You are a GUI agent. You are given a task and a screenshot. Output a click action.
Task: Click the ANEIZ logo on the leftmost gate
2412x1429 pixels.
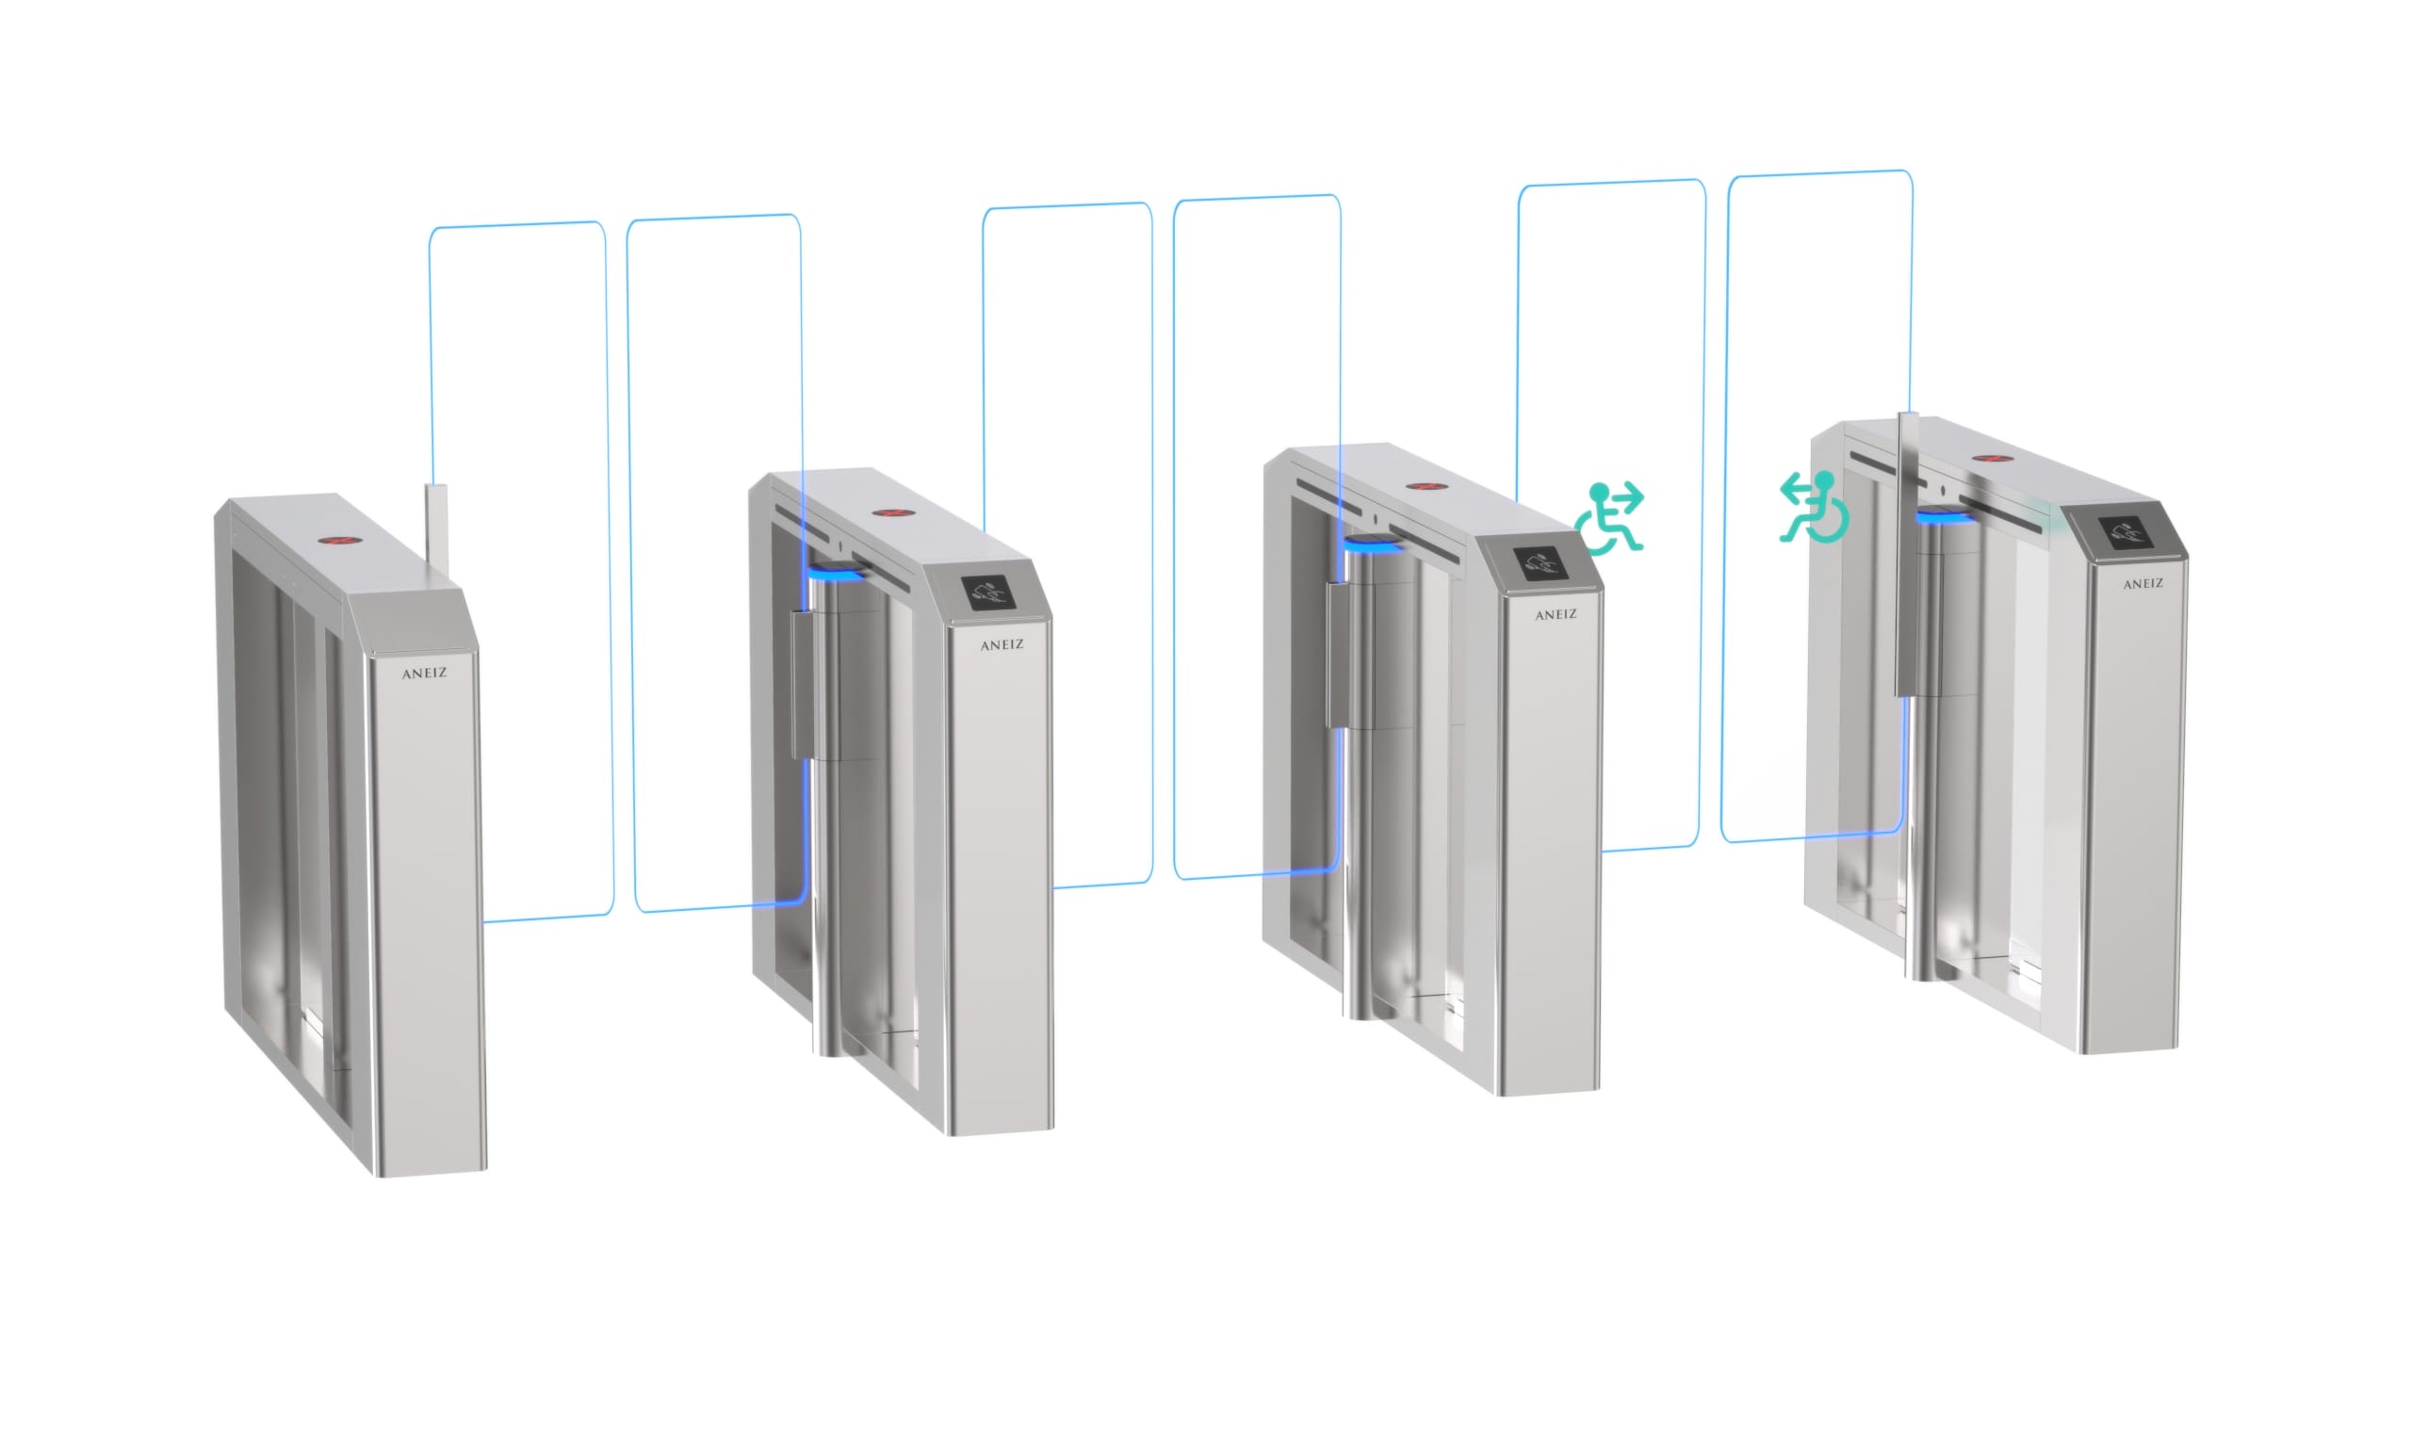424,674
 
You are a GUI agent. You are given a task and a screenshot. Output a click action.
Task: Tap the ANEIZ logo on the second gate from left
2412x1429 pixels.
1002,644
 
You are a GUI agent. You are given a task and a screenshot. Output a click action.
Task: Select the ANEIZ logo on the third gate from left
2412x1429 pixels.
1556,614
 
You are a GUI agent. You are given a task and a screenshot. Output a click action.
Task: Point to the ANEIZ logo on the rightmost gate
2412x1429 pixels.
2143,583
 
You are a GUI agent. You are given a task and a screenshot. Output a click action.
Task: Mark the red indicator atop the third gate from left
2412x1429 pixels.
1420,485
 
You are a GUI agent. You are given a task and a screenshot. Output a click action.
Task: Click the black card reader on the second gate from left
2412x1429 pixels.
991,593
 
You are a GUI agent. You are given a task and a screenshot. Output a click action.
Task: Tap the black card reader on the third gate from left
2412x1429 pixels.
1542,563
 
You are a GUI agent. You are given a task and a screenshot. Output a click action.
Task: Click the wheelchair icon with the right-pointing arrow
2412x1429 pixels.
1609,517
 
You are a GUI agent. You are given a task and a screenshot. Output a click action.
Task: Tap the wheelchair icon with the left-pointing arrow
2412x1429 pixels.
1813,507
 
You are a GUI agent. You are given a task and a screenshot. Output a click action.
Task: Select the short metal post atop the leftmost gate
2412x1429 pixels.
436,529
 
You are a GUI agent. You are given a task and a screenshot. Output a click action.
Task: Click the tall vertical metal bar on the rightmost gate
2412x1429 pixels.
1907,554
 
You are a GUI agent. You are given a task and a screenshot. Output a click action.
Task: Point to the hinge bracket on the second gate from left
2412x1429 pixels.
801,685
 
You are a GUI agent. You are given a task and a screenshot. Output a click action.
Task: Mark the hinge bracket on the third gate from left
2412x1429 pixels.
1337,655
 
